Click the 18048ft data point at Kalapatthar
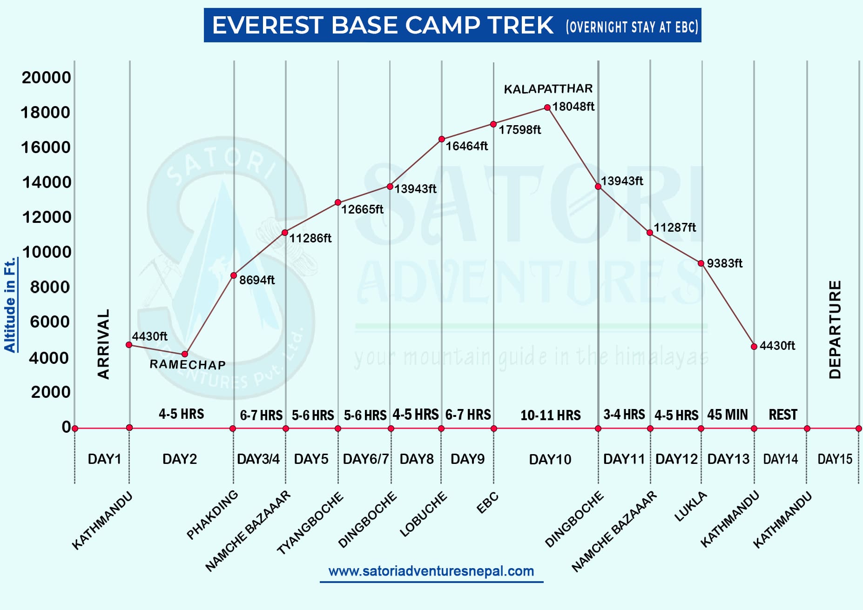tap(547, 107)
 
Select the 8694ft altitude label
tap(257, 280)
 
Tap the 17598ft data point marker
tap(493, 124)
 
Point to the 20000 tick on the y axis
tap(46, 77)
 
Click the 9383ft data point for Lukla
tap(701, 263)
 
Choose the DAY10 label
tap(550, 460)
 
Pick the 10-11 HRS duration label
tap(550, 415)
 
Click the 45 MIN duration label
tap(727, 415)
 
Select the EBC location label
tap(487, 503)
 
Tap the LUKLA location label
tap(690, 507)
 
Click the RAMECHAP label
tap(188, 364)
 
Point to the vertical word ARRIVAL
tap(103, 344)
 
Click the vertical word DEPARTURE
tap(836, 329)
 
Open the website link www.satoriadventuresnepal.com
tap(431, 571)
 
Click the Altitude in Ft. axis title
tap(10, 305)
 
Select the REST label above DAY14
tap(783, 415)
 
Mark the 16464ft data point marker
tap(442, 139)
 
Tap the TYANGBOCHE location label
tap(310, 523)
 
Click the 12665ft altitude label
tap(362, 209)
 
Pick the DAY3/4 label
tap(258, 459)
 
